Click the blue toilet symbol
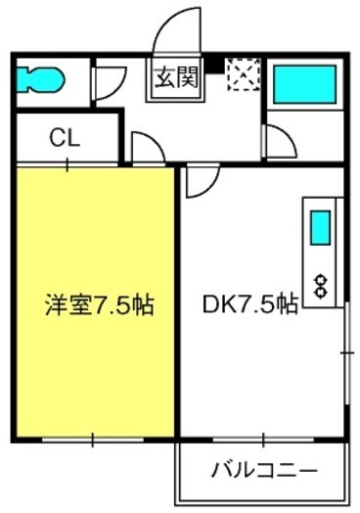pos(40,79)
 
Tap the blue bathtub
pos(305,84)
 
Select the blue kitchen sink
pos(320,228)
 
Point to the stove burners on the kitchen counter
pos(320,286)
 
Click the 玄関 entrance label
pos(176,78)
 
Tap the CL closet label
pos(65,138)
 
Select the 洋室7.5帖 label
pos(100,304)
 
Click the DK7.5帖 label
pos(250,304)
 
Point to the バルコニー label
pos(264,471)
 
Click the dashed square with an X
pos(244,74)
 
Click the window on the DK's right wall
pos(347,353)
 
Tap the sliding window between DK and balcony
pos(263,440)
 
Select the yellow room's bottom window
pos(93,440)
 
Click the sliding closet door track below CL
pos(67,164)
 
